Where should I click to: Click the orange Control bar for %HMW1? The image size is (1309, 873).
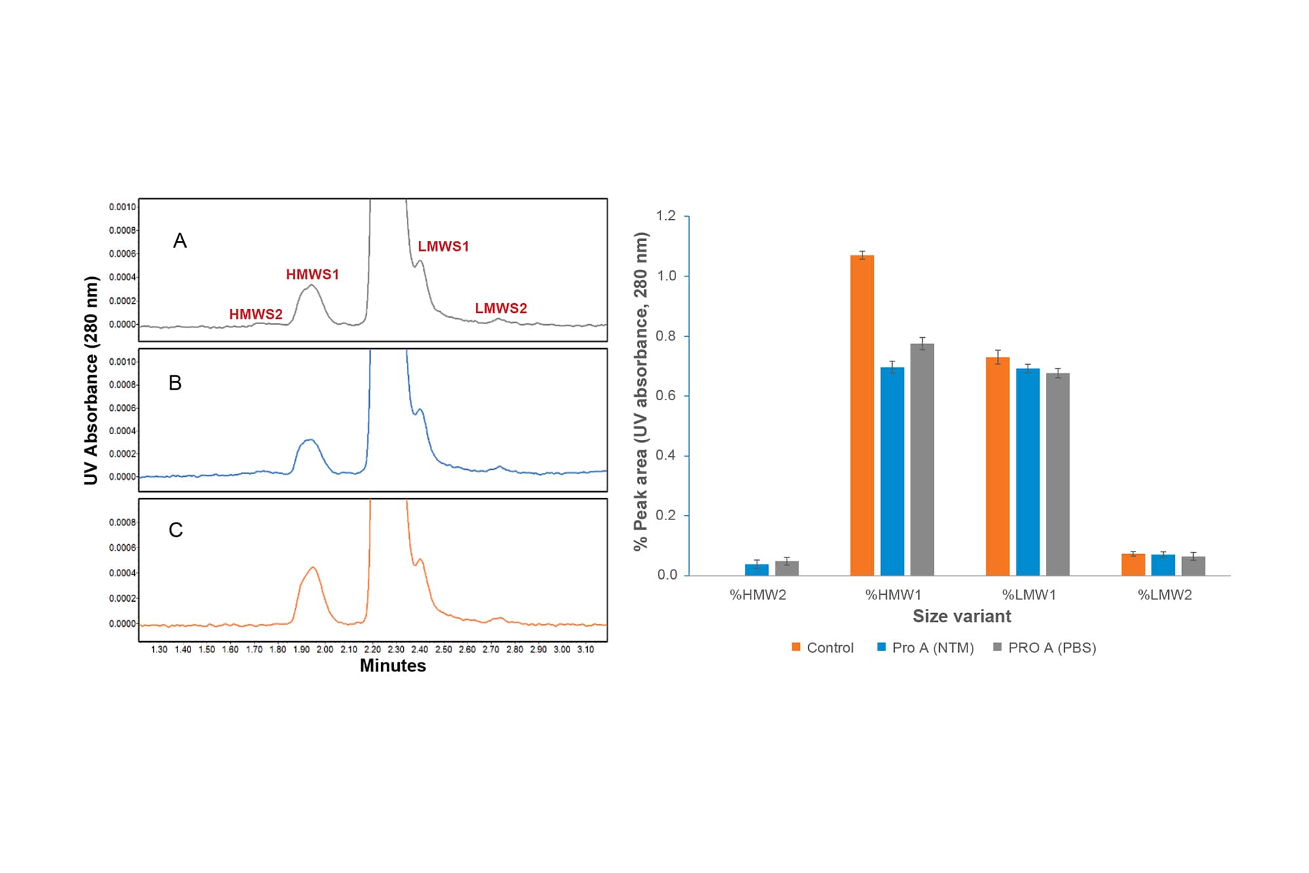click(x=862, y=415)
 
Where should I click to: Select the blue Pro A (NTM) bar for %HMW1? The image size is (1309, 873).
click(x=892, y=472)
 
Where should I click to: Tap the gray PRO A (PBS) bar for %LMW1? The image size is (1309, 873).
click(x=1058, y=474)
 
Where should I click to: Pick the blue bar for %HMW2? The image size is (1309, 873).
click(x=757, y=570)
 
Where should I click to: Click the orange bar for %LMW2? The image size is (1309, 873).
click(x=1133, y=565)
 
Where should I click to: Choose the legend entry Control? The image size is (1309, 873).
click(x=823, y=648)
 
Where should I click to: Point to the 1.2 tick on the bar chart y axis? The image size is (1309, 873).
click(x=666, y=216)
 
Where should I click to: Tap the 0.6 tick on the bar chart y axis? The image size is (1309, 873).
click(x=666, y=396)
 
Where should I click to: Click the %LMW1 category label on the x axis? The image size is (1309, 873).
click(x=1029, y=595)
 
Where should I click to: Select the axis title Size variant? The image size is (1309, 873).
click(x=961, y=616)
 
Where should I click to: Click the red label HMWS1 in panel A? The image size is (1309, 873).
click(x=312, y=274)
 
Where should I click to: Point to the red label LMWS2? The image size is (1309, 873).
click(x=501, y=308)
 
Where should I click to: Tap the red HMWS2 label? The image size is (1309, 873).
click(x=255, y=314)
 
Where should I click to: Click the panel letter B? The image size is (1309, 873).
click(x=175, y=383)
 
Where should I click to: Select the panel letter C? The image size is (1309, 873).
click(x=175, y=530)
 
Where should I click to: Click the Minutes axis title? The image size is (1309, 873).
click(x=393, y=666)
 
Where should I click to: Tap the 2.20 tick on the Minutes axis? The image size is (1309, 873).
click(x=372, y=650)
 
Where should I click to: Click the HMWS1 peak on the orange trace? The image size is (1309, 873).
click(x=314, y=568)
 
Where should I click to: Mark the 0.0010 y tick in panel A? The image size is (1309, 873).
click(x=122, y=207)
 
